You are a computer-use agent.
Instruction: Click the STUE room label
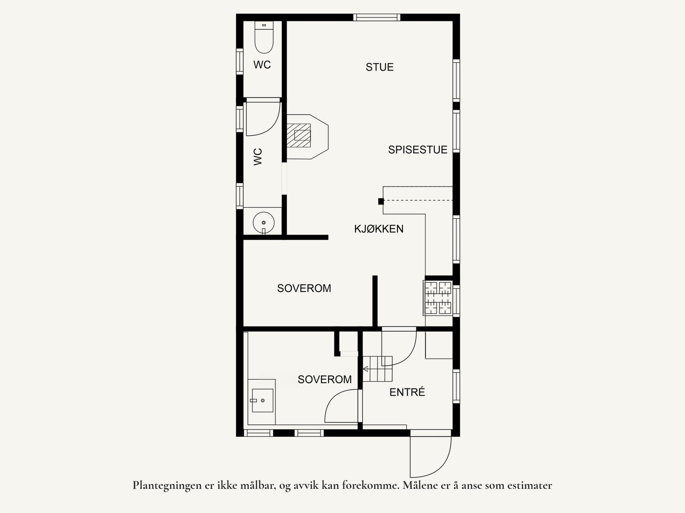(379, 67)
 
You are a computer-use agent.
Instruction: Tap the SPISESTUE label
(417, 150)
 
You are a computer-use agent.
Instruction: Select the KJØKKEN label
(378, 229)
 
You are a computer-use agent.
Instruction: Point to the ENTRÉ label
(407, 392)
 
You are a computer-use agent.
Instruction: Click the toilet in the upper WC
(264, 37)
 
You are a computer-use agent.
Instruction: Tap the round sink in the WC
(264, 223)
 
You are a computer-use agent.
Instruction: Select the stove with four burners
(438, 298)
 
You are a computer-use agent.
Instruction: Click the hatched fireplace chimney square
(299, 135)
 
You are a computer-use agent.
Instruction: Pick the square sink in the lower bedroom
(262, 400)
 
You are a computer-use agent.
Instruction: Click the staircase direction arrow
(366, 369)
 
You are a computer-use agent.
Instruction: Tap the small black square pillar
(381, 201)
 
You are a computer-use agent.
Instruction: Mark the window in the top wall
(377, 18)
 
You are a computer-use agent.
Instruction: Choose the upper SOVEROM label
(304, 288)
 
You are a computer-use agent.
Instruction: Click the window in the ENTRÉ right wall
(456, 386)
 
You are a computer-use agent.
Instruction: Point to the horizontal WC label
(262, 65)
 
